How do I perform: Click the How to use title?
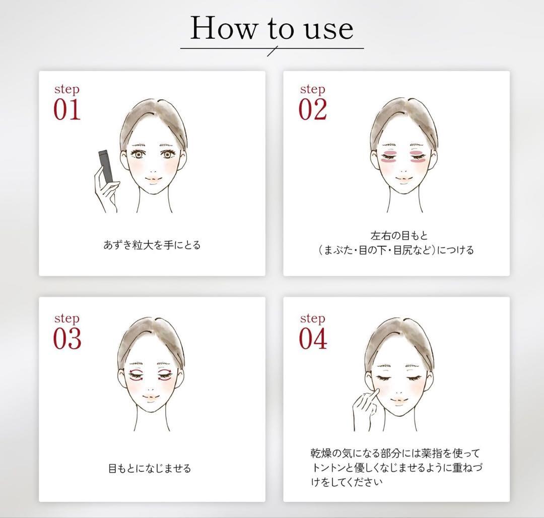coord(271,29)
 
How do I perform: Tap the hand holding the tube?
coord(107,193)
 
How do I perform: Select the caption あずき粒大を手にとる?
coord(152,245)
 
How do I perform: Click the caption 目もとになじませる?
coord(150,469)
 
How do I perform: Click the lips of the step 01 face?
coord(154,179)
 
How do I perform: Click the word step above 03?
coord(66,318)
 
